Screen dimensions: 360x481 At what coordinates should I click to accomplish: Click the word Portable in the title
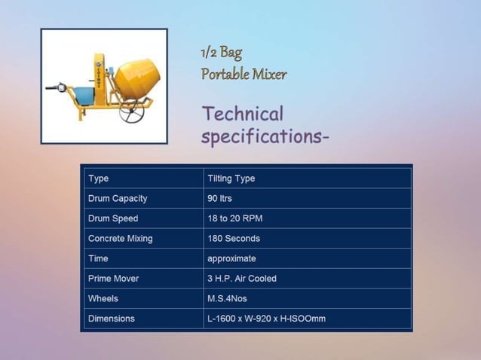(x=225, y=74)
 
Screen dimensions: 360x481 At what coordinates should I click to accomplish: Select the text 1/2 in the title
(x=209, y=52)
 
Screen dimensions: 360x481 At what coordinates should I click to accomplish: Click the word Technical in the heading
(x=242, y=114)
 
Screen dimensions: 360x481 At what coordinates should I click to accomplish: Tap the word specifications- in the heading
(x=265, y=137)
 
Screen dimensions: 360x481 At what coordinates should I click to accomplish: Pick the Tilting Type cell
(x=231, y=178)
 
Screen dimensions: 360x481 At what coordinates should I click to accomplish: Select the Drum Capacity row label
(x=118, y=199)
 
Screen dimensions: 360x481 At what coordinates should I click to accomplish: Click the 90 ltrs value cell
(x=220, y=199)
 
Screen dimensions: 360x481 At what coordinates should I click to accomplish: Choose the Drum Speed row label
(x=113, y=218)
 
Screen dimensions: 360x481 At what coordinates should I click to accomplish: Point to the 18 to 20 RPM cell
(x=235, y=218)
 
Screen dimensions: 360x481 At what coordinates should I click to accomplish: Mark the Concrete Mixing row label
(x=121, y=239)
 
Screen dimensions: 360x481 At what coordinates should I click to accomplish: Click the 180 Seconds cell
(x=234, y=239)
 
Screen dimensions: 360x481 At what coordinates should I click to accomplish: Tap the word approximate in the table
(x=232, y=258)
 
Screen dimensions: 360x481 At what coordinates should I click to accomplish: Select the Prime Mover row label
(x=114, y=279)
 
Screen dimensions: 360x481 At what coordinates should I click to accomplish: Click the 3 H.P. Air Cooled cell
(x=242, y=279)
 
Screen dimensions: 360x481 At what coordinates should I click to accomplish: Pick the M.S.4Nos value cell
(x=227, y=298)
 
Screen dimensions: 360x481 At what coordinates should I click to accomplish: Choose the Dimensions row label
(x=112, y=319)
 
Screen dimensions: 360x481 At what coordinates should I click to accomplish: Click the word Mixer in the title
(x=269, y=74)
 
